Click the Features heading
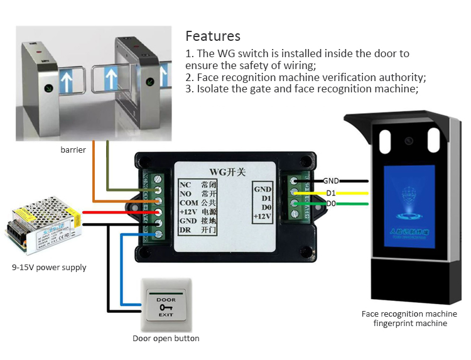pos(213,36)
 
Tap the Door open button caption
pos(166,339)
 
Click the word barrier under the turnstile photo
pos(73,150)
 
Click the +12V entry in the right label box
pos(262,217)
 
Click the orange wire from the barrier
pos(94,176)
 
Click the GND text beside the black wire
pos(331,181)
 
